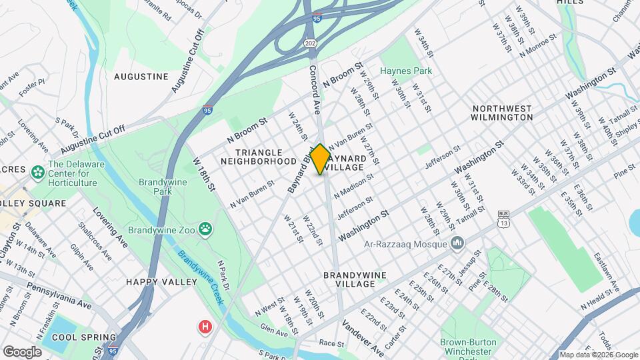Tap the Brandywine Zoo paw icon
click(x=206, y=230)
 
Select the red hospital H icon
click(x=205, y=327)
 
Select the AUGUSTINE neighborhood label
click(x=141, y=77)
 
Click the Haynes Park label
click(x=406, y=71)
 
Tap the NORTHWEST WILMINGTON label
click(x=502, y=113)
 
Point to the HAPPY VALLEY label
click(x=162, y=282)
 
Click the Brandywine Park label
click(x=162, y=187)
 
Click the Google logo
click(x=22, y=351)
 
